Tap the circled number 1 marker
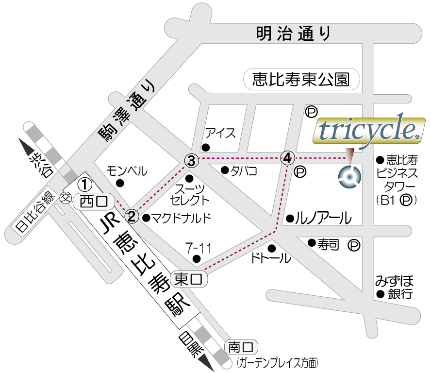(x=85, y=184)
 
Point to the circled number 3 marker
(x=191, y=159)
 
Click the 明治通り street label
(x=293, y=34)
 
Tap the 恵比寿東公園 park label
(x=301, y=79)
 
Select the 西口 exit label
(x=93, y=200)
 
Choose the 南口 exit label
(x=241, y=347)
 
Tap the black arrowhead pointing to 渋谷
(x=26, y=145)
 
